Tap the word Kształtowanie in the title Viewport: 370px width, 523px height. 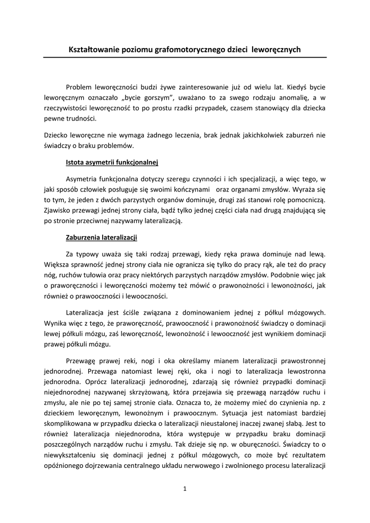[93, 50]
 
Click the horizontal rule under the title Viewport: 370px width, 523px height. [184, 58]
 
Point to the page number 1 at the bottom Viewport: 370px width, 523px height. [185, 489]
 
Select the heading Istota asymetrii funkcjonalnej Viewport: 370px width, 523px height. [112, 163]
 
